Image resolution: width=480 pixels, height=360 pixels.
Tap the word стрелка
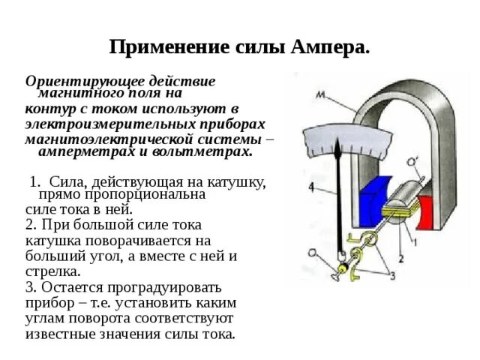pos(52,271)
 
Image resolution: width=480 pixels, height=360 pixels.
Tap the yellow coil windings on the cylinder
pos(409,214)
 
